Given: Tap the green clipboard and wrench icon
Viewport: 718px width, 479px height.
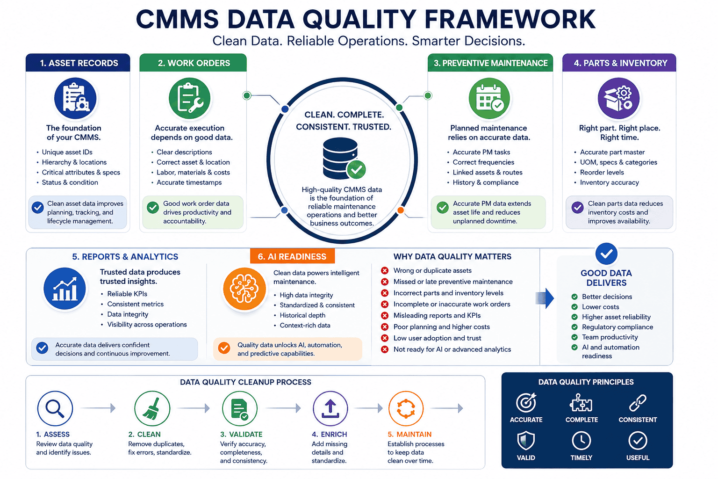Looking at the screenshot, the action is [190, 98].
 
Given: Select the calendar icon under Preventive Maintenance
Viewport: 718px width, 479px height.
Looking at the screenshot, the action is [489, 98].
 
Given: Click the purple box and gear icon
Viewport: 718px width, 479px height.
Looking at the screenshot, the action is [618, 98].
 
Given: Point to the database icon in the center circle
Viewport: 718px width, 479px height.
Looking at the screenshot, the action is [343, 158].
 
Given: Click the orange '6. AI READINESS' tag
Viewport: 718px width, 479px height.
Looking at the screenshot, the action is [292, 256].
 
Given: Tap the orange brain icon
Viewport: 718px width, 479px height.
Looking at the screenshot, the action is [244, 289].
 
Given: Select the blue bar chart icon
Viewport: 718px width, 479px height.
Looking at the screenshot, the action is [65, 289].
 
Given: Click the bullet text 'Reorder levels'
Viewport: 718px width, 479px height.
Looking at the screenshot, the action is [602, 172].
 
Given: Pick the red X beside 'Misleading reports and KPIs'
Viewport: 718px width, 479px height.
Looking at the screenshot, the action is [385, 316].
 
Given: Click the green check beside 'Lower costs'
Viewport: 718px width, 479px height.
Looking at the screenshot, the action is [574, 307].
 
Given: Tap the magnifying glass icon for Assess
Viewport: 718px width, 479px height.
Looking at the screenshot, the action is [55, 408].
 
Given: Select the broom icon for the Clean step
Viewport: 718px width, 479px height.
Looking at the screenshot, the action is [152, 408].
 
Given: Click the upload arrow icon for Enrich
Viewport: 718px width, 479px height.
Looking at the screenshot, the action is [330, 408].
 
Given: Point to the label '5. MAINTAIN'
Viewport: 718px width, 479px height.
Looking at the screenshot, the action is [409, 434].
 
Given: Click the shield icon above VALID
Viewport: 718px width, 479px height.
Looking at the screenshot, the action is [526, 441].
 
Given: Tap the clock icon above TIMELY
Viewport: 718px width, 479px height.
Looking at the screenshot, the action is [582, 441].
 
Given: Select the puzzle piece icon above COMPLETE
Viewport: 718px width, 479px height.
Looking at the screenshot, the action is [581, 403].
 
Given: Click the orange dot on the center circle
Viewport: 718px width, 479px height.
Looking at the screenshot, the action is [400, 210].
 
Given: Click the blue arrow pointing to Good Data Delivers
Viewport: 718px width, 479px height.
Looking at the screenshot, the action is [545, 298].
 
